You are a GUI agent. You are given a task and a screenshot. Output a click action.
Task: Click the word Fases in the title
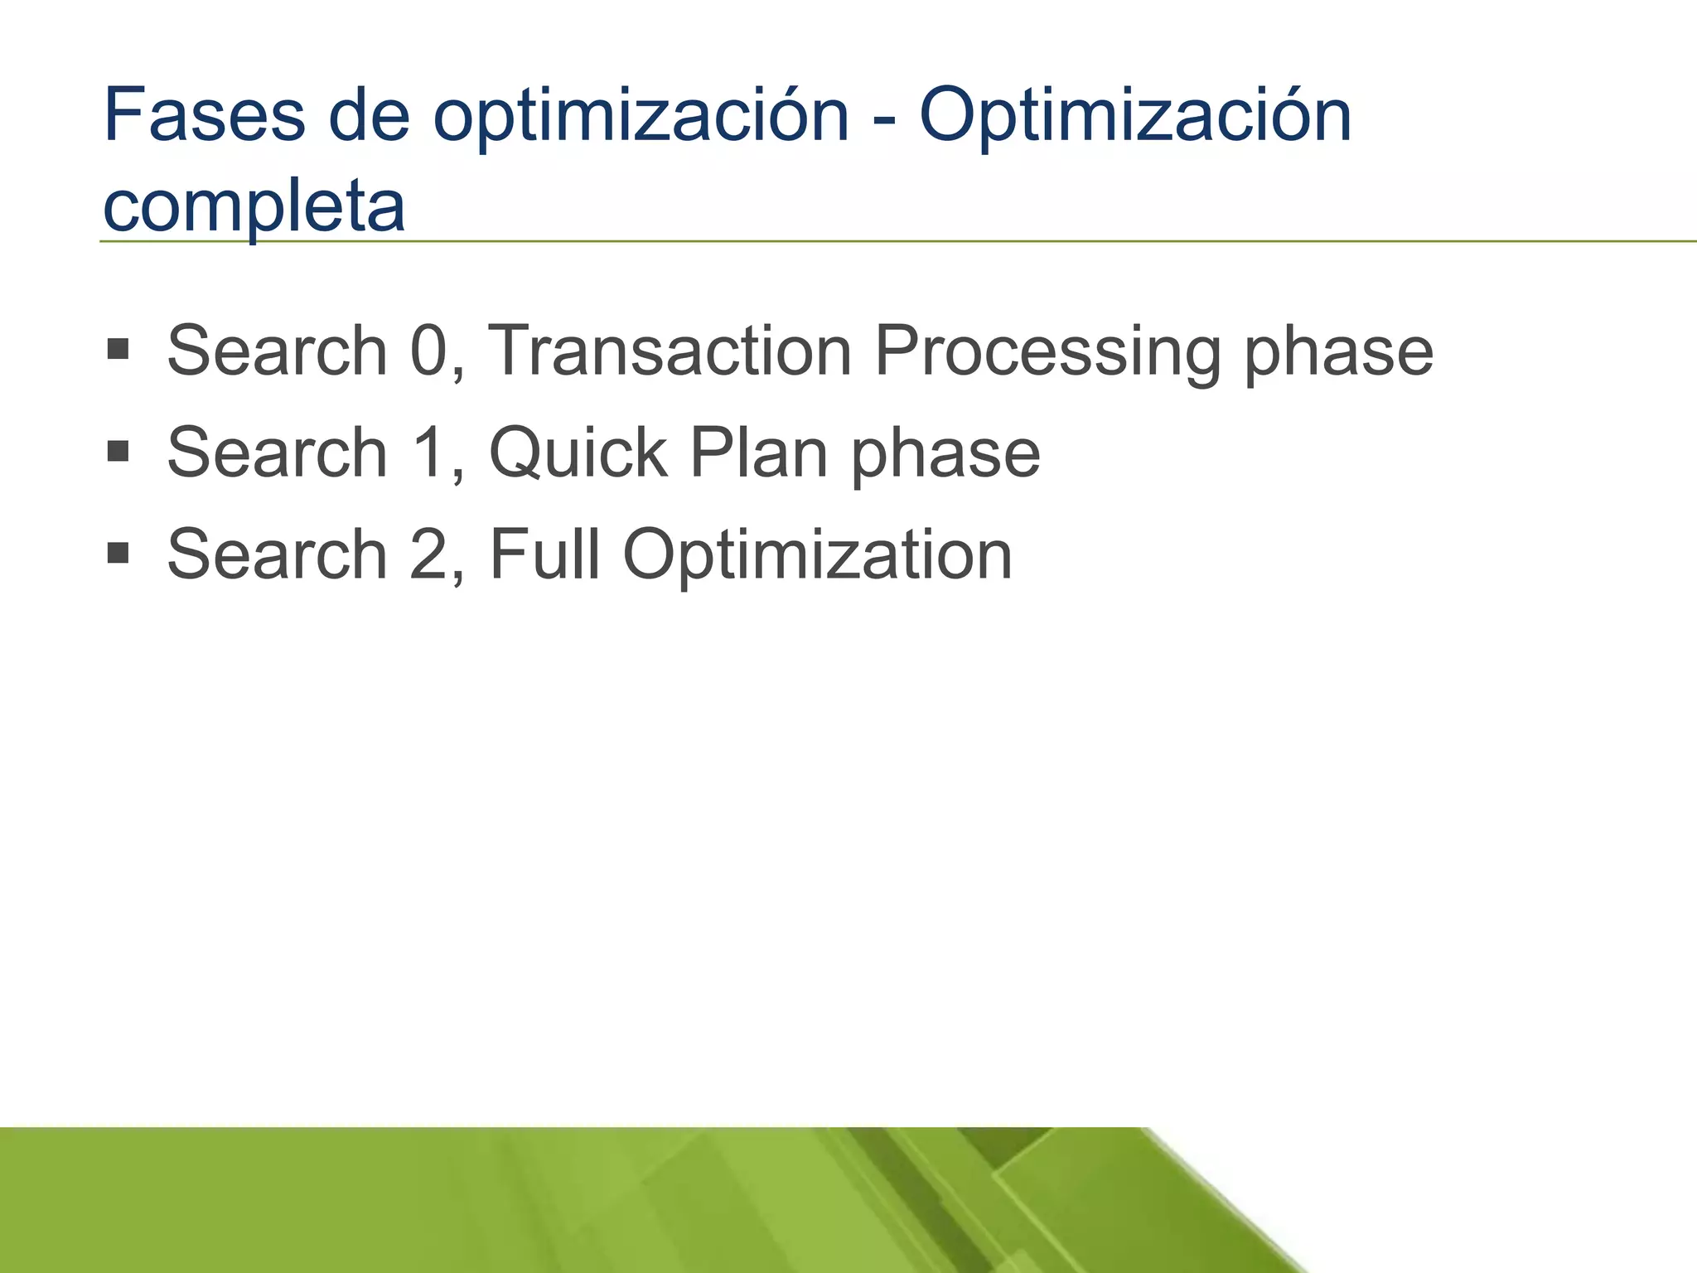tap(205, 115)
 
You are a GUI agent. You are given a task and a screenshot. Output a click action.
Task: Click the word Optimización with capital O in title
tap(1135, 115)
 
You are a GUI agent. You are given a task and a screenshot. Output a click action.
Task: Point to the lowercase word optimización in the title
tap(641, 115)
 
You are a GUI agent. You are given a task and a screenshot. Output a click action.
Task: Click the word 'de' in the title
tap(370, 115)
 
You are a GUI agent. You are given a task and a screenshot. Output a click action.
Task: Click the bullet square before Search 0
tap(118, 349)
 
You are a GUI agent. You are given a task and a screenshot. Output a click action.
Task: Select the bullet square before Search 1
tap(118, 451)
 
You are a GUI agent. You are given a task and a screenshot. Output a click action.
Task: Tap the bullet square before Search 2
tap(118, 553)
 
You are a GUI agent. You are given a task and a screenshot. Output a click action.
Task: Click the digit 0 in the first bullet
tap(429, 351)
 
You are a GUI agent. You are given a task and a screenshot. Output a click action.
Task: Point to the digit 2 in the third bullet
tap(429, 554)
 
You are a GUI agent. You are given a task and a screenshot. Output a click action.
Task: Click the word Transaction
tap(670, 351)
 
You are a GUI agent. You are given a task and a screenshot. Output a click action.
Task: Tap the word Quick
tap(578, 453)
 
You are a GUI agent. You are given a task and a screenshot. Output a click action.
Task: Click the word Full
tap(544, 554)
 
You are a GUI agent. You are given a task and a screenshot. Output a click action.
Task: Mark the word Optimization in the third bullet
tap(817, 554)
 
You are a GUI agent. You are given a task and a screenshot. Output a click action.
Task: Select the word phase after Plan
tap(945, 453)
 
